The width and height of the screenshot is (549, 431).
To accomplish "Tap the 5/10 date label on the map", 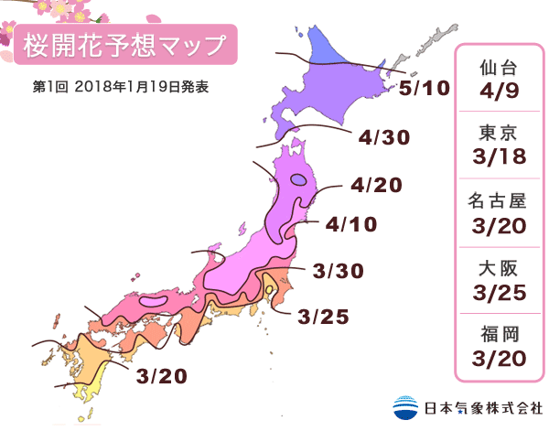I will click(425, 89).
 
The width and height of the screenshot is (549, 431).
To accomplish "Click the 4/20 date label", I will click(376, 186).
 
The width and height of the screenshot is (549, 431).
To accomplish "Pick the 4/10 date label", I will click(351, 223).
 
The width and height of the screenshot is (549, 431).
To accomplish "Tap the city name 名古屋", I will click(501, 200).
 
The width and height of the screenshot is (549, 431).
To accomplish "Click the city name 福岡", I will click(501, 333).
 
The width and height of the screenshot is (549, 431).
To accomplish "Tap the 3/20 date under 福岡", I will click(501, 358).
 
